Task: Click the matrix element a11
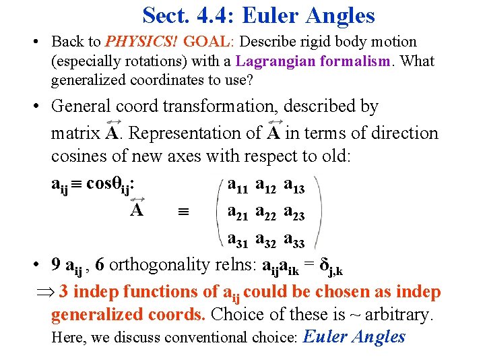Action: tap(239, 185)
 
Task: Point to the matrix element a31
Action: tap(239, 239)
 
